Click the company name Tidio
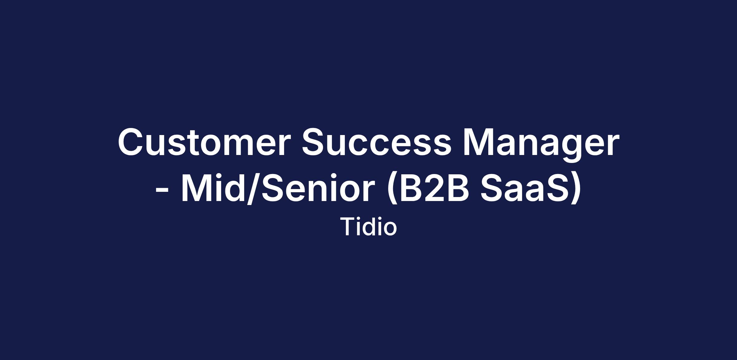pos(368,226)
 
